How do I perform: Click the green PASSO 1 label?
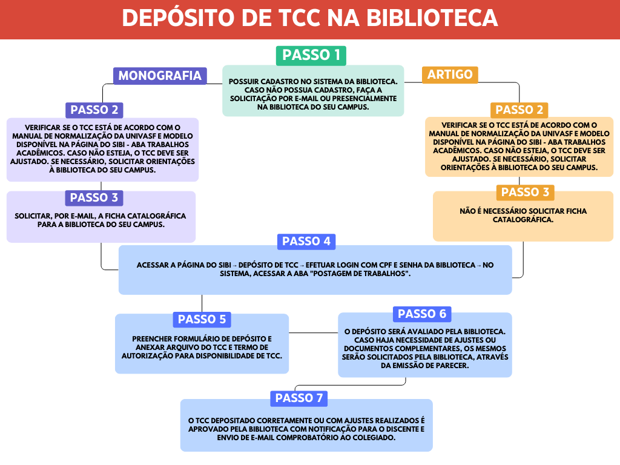pos(311,55)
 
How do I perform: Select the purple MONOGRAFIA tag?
pos(160,76)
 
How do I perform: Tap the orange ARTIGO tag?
pos(450,74)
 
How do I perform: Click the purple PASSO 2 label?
pos(94,110)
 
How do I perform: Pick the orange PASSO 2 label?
pos(519,110)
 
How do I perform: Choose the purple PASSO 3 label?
pos(94,198)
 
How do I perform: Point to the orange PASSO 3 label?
pos(525,193)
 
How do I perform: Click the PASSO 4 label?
pos(306,241)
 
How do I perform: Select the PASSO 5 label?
pos(202,320)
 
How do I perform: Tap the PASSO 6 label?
pos(422,314)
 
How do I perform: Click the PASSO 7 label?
pos(299,398)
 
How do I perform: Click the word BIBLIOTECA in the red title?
pos(432,18)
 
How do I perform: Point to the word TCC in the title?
pos(300,18)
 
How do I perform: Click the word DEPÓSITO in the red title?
pos(178,18)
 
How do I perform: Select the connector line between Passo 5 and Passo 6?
pos(313,333)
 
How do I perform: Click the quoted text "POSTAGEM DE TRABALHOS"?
pos(361,274)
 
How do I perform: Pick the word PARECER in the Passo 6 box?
pos(452,366)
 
